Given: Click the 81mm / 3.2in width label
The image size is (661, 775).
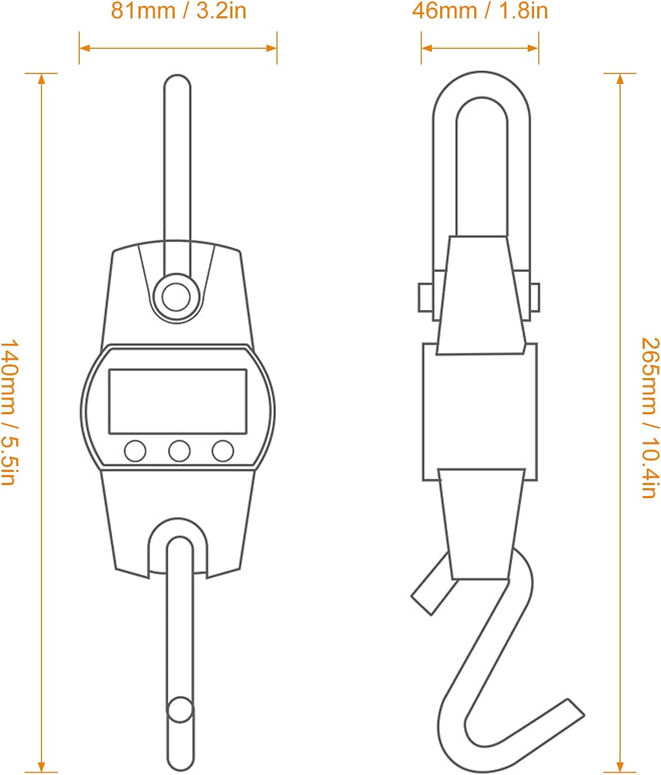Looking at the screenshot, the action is pos(178,10).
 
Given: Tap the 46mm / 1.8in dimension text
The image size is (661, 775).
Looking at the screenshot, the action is pos(480,10).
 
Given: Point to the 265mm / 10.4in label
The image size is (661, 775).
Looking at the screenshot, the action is pos(650,418).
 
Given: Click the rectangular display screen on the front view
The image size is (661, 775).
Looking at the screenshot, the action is pos(178,402).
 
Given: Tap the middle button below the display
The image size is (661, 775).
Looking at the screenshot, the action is pos(179,450).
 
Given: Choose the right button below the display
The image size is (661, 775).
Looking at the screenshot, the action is pos(223,450).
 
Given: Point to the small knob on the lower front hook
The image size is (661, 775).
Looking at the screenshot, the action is pos(180,710).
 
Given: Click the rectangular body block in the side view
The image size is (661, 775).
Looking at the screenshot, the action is pos(480,412).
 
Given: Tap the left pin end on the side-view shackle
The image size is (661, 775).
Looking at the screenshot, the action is pos(425,298).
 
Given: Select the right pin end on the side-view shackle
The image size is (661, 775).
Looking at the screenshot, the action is pos(535,298).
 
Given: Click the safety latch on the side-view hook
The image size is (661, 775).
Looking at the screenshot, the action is pos(434,584).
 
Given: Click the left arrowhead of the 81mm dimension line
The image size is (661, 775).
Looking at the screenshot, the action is pos(85,48).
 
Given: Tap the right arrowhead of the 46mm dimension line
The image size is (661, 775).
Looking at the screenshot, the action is pos(532,48).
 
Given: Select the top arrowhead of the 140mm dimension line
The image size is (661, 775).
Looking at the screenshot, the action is pos(41,79).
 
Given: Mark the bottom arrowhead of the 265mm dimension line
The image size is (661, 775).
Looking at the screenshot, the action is pos(620,767).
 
